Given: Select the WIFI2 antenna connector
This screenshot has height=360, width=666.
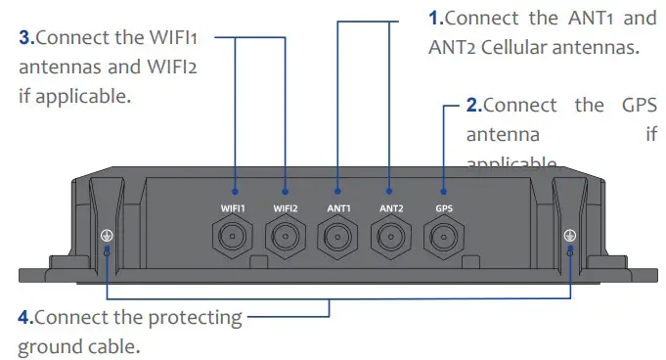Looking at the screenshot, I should click(x=287, y=238).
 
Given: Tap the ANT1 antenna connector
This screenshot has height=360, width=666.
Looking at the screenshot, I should click(x=339, y=238).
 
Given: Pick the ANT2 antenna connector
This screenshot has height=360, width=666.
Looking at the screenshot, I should click(x=391, y=238).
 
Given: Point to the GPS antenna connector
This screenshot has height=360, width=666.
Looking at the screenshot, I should click(x=443, y=238).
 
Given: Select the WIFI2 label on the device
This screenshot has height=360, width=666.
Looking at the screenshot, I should click(x=287, y=207).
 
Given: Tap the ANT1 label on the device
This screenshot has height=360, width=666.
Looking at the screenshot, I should click(x=339, y=207).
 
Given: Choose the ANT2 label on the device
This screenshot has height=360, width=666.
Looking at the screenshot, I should click(x=391, y=207).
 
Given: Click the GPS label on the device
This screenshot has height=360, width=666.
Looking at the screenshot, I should click(x=443, y=207).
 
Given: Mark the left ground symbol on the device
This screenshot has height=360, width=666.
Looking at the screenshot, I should click(x=106, y=235).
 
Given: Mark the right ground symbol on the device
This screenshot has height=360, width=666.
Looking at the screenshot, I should click(x=570, y=235).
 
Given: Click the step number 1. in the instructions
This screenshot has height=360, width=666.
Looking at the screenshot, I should click(x=435, y=19).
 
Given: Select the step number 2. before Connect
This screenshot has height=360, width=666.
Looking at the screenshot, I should click(x=473, y=106).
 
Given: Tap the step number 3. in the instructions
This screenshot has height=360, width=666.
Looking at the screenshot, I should click(x=27, y=38).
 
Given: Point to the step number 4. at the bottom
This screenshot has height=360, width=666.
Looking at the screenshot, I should click(x=26, y=318).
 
